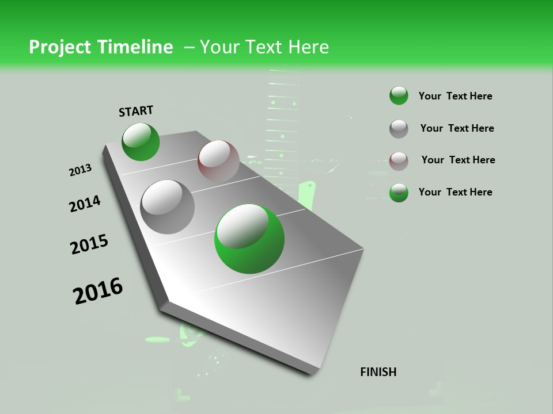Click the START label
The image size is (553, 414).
tap(136, 111)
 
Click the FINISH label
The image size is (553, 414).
tap(378, 372)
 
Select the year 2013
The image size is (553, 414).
tap(80, 170)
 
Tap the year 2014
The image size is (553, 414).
tap(85, 204)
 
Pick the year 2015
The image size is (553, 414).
tap(89, 244)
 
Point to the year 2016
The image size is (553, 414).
tap(98, 291)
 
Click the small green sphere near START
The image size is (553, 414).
tap(141, 142)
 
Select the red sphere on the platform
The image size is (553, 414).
tap(218, 161)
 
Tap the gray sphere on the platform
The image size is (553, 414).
tap(167, 207)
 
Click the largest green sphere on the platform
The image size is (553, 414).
tap(249, 239)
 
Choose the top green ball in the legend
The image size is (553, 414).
tap(399, 96)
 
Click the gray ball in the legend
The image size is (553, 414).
tap(399, 129)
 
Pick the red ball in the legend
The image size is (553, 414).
tap(399, 161)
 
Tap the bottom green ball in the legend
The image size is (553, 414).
tap(399, 193)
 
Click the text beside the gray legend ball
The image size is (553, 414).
tap(457, 128)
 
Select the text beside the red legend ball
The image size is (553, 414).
tap(458, 160)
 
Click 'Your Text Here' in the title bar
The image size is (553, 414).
tap(264, 47)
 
